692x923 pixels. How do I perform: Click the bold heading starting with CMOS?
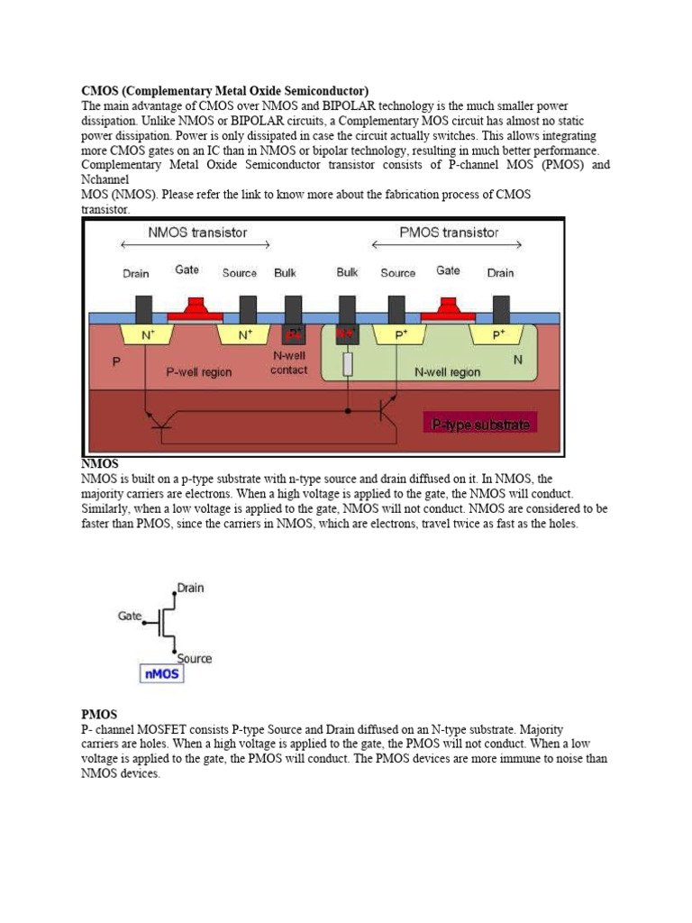pyautogui.click(x=225, y=91)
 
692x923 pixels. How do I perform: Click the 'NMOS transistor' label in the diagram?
pyautogui.click(x=196, y=233)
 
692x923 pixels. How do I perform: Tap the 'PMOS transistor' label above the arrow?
pyautogui.click(x=449, y=233)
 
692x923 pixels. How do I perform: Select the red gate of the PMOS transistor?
pyautogui.click(x=448, y=313)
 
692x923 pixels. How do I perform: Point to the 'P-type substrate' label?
pyautogui.click(x=481, y=424)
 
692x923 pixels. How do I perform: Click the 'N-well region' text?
pyautogui.click(x=447, y=371)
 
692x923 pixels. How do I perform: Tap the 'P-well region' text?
pyautogui.click(x=200, y=371)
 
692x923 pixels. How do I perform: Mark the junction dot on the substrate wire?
pyautogui.click(x=348, y=410)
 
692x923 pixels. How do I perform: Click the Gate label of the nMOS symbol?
pyautogui.click(x=130, y=616)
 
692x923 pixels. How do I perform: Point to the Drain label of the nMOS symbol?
pyautogui.click(x=190, y=588)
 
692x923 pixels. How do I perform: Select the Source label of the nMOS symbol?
pyautogui.click(x=194, y=658)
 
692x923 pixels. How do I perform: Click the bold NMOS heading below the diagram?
pyautogui.click(x=100, y=463)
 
